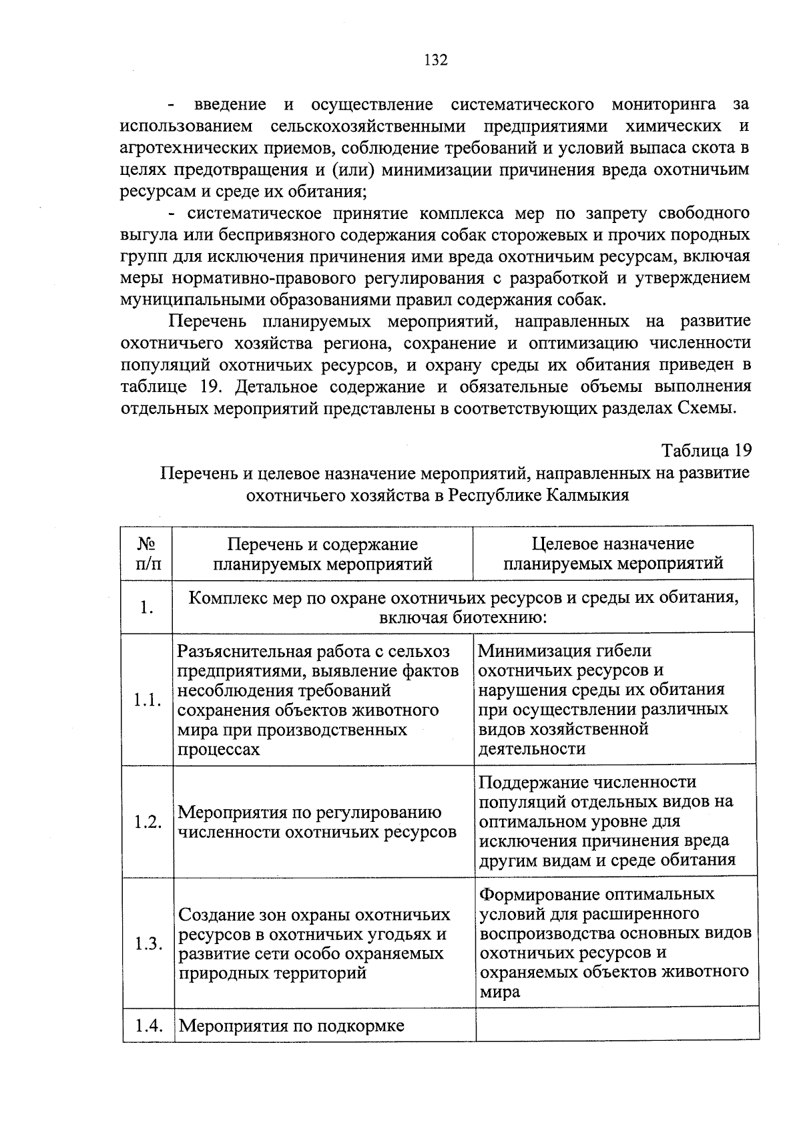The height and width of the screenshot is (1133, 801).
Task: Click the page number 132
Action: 435,60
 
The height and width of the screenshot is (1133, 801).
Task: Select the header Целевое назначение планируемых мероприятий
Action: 613,553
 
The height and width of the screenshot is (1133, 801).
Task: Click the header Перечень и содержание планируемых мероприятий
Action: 322,553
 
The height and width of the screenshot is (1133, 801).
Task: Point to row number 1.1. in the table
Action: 148,700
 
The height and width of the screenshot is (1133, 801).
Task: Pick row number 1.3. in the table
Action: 148,943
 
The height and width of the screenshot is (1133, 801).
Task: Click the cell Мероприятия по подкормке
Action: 292,1026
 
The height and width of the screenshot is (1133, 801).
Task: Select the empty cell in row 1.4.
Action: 617,1026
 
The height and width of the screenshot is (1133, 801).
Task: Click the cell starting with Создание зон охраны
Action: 314,943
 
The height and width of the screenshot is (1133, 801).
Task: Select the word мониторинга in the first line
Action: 663,105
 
